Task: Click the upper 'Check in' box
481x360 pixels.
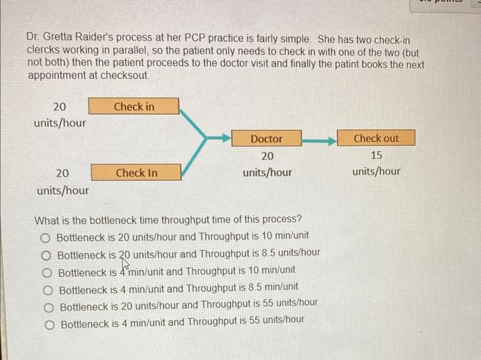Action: tap(134, 106)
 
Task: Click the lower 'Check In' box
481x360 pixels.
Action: tap(135, 172)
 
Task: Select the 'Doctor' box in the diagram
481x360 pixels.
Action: tap(266, 139)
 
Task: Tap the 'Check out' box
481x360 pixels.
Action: tap(375, 138)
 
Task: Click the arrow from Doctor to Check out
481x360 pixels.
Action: tap(319, 139)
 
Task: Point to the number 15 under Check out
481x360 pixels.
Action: tap(375, 155)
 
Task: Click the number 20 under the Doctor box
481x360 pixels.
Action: tap(267, 156)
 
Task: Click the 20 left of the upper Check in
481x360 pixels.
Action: tap(60, 106)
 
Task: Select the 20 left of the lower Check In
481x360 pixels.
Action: tap(62, 173)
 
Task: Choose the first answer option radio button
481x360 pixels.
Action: tap(45, 237)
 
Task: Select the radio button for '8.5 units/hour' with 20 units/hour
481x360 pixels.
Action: tap(46, 254)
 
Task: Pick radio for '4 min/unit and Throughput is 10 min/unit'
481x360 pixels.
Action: tap(47, 271)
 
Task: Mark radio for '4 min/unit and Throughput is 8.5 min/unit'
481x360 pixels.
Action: tap(47, 287)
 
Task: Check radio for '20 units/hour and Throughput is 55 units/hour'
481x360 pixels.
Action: tap(48, 304)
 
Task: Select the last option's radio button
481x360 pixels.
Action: tap(49, 322)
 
